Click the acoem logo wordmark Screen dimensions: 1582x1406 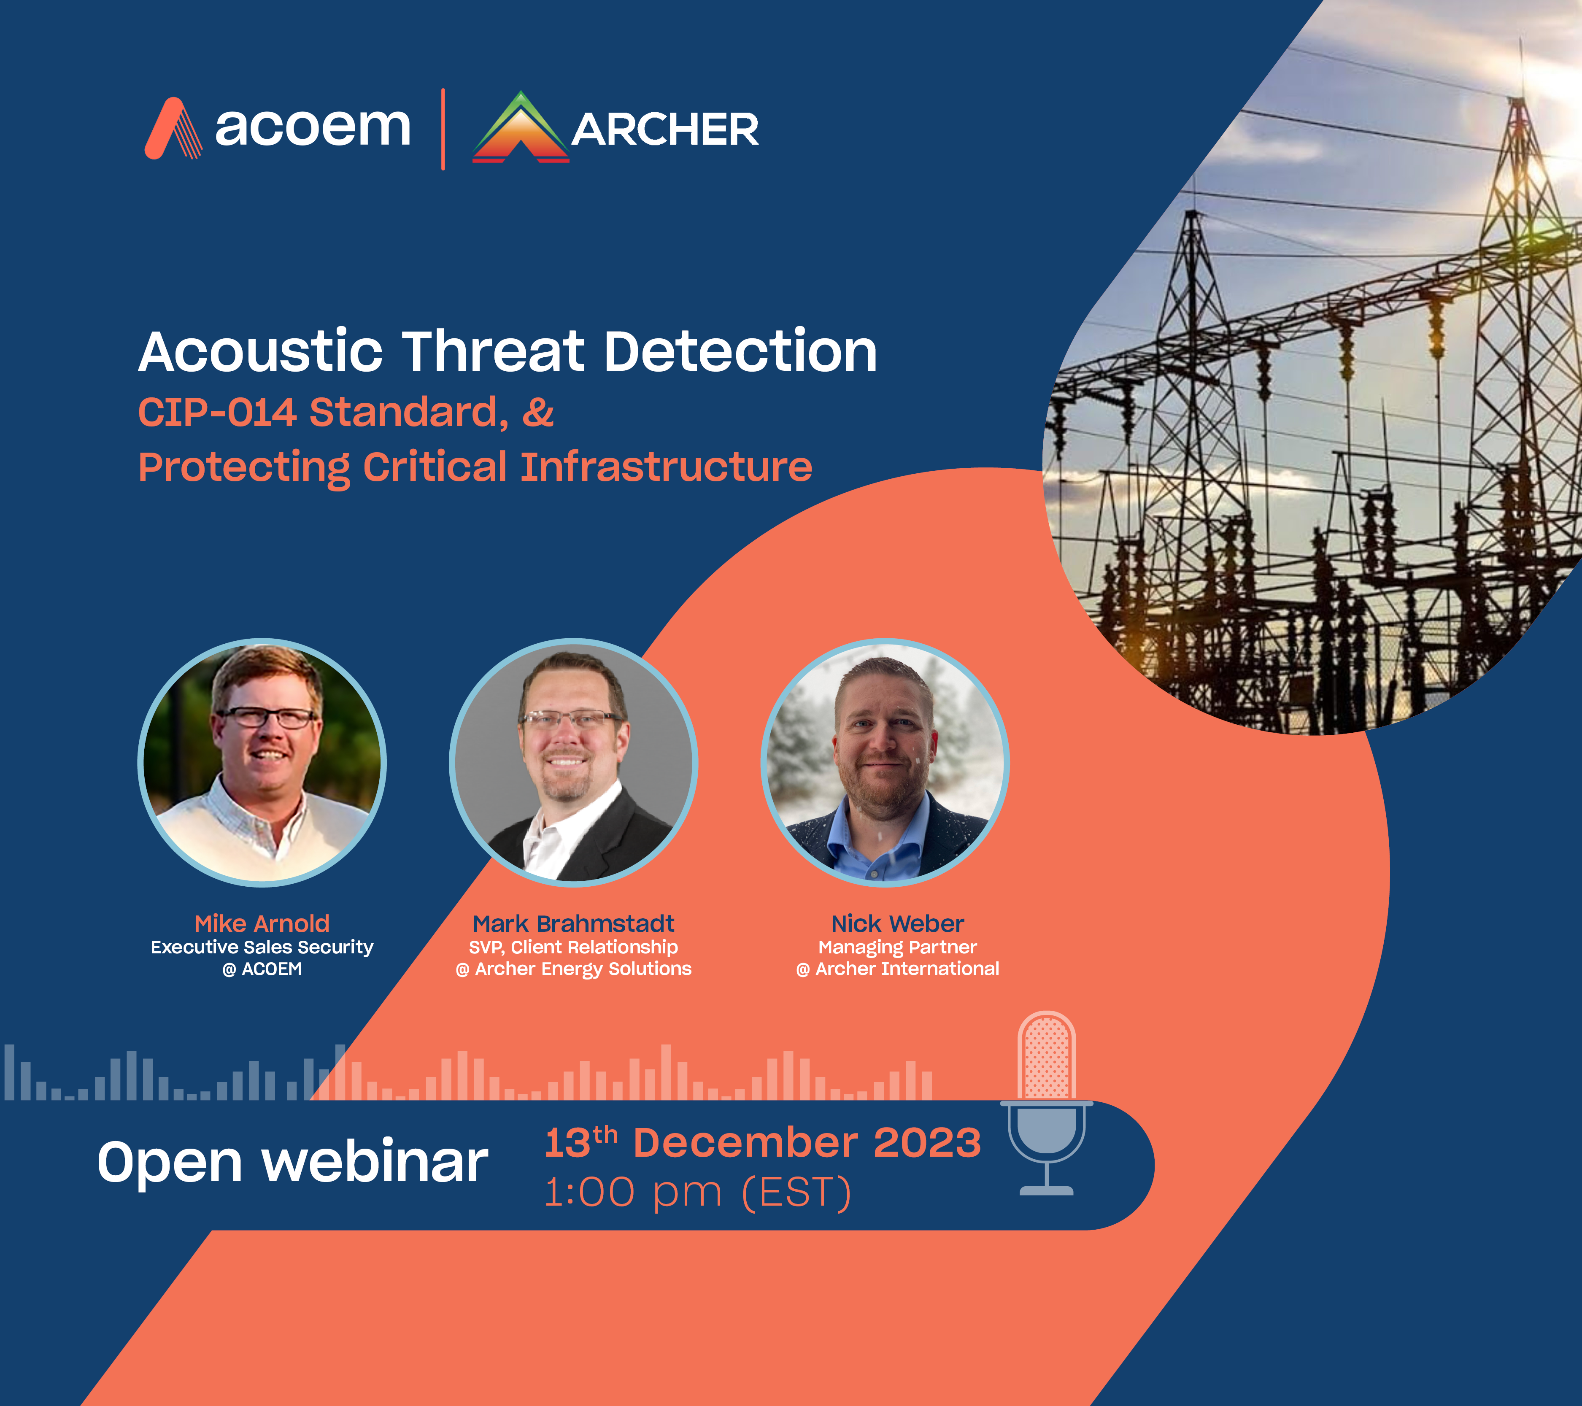(x=313, y=128)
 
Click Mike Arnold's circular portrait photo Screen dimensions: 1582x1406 (x=262, y=762)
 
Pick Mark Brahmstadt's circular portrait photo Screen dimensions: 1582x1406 (x=573, y=762)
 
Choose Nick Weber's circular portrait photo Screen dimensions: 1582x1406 (x=885, y=762)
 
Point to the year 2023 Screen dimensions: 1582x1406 (x=927, y=1143)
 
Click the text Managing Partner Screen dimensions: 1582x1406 (x=898, y=947)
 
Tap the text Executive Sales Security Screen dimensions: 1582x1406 (x=262, y=947)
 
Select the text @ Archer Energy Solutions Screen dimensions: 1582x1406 (x=573, y=969)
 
